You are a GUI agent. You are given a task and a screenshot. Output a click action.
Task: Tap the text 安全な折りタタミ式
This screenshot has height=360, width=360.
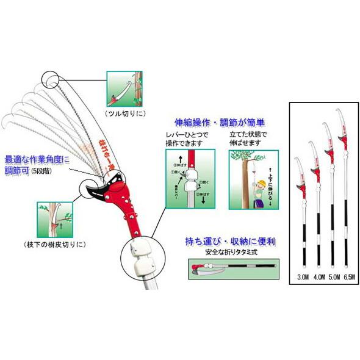[229, 252]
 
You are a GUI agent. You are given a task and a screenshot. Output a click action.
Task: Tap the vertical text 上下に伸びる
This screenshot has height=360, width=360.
[272, 182]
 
